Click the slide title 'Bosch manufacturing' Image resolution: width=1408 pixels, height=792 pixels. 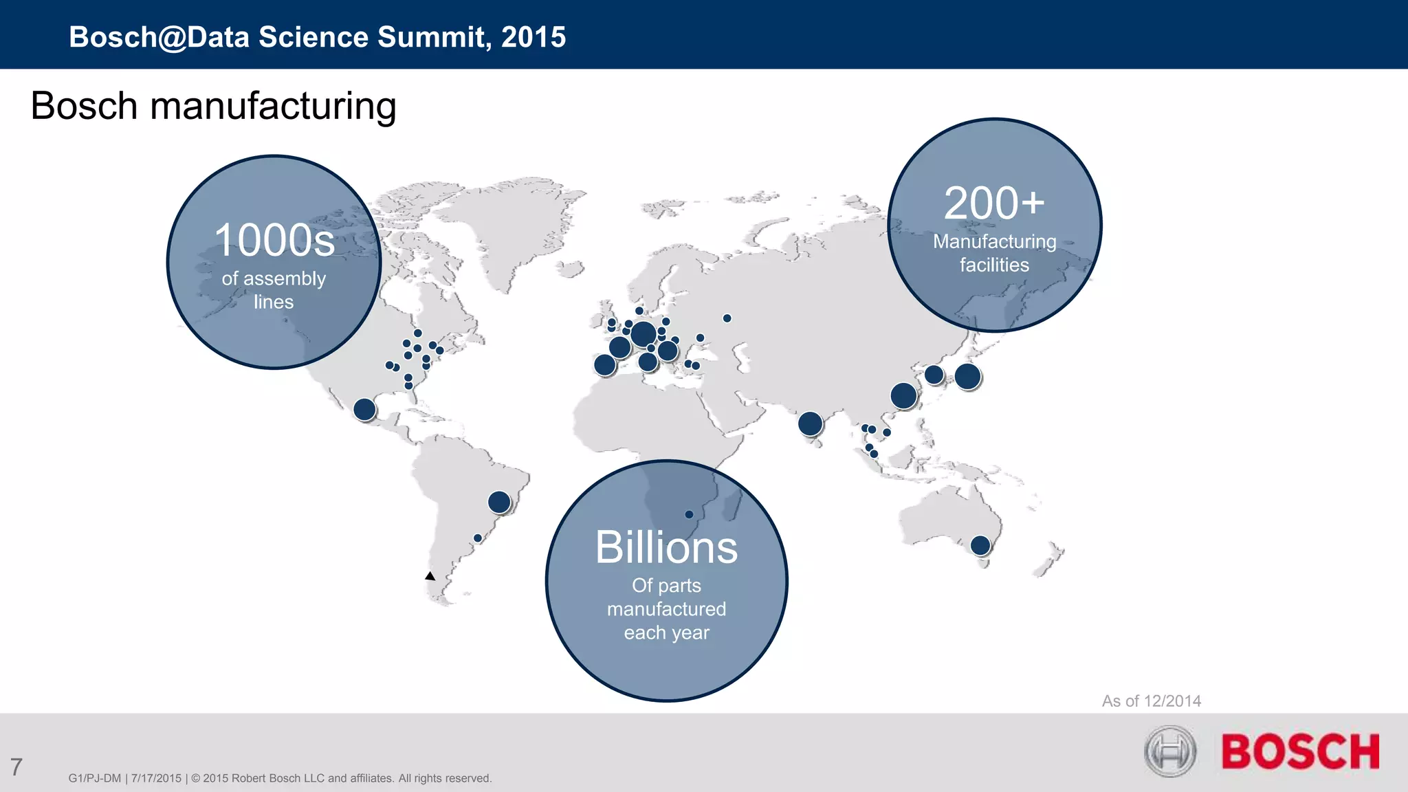click(213, 107)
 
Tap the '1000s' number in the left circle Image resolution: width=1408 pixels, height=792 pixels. click(274, 240)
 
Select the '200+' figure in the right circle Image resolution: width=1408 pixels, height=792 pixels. click(994, 203)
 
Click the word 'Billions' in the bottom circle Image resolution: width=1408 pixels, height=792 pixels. click(666, 548)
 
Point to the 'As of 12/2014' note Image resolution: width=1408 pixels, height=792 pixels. click(1152, 701)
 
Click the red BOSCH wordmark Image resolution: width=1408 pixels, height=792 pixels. click(1300, 751)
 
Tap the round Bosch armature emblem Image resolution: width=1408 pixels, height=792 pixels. click(1170, 751)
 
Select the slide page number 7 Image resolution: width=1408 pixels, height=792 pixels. click(16, 767)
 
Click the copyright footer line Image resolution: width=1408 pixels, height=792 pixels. click(280, 778)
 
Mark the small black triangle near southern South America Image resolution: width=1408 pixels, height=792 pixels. click(430, 576)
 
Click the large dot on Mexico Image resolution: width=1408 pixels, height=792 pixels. click(364, 410)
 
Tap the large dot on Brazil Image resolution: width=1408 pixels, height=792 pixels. click(499, 502)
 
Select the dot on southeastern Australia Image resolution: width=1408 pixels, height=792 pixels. click(980, 546)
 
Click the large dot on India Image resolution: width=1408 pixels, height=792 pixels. click(810, 423)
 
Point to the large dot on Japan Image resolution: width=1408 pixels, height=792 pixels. click(967, 377)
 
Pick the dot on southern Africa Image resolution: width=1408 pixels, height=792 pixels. click(689, 514)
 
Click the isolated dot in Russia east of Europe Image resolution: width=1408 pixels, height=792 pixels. click(727, 318)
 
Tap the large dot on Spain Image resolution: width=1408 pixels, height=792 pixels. click(604, 364)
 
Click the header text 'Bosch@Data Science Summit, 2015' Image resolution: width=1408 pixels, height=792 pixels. click(317, 37)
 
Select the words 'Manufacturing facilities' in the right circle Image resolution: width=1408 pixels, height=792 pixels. click(994, 253)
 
